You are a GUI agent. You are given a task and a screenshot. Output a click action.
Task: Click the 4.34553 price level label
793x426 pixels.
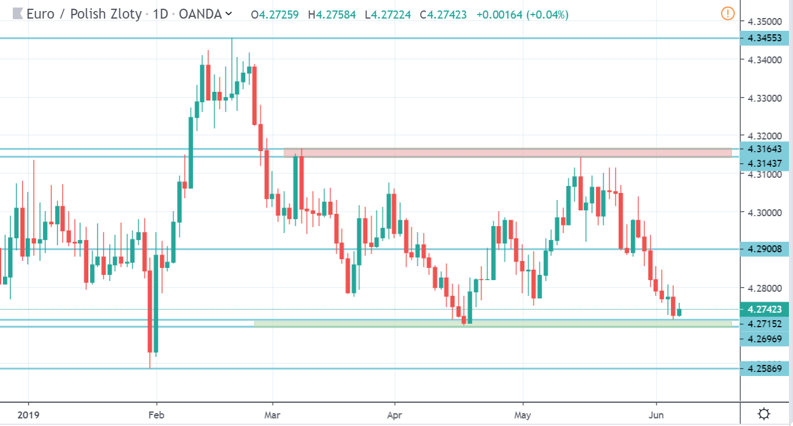(x=765, y=38)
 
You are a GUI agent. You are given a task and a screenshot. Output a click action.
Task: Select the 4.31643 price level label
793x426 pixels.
(x=765, y=149)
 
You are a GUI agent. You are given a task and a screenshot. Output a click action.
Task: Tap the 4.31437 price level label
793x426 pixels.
(x=765, y=163)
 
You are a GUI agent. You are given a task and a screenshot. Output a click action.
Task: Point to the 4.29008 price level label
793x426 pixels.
(x=765, y=249)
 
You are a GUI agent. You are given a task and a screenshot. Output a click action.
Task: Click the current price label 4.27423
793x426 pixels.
(x=765, y=309)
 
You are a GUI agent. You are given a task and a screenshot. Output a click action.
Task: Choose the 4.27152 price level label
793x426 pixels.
(x=765, y=323)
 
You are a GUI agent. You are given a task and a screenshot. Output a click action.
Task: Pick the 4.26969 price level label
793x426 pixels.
(x=765, y=338)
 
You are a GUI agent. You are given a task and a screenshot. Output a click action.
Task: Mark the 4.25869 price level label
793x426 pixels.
(x=765, y=368)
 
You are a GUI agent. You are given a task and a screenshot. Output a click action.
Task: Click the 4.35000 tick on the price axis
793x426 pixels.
(x=765, y=22)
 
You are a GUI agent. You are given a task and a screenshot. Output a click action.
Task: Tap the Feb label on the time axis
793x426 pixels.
(x=156, y=415)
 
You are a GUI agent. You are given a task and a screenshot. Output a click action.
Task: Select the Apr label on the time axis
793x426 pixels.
(x=394, y=415)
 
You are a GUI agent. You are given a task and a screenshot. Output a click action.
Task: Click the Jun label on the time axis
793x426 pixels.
(x=656, y=415)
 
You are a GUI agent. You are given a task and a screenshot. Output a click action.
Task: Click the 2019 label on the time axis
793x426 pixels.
(x=28, y=415)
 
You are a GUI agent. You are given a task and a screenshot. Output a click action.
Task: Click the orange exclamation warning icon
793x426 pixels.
(x=727, y=13)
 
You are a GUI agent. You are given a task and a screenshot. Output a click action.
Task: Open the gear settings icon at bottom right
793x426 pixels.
(x=765, y=414)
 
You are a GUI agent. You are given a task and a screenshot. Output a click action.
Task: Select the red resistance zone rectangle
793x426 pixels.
(x=507, y=153)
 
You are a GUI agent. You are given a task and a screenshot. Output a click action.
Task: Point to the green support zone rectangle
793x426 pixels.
(x=493, y=324)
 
